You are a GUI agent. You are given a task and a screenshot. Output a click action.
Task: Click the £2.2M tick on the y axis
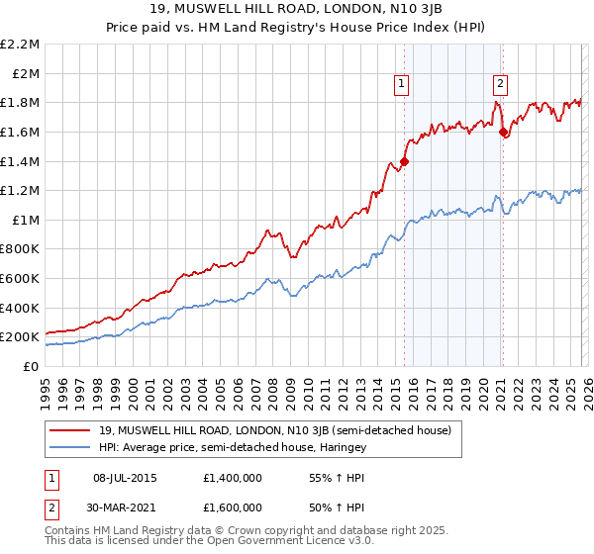point(21,45)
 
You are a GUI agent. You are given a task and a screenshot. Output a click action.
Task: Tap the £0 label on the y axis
point(32,366)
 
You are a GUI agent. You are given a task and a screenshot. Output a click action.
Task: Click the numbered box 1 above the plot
point(402,85)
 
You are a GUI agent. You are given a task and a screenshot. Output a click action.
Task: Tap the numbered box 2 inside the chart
point(501,85)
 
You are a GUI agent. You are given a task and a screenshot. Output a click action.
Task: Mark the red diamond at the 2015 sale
point(405,161)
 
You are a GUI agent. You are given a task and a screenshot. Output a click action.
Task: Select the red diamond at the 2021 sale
point(503,132)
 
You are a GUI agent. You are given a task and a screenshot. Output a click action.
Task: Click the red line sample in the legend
point(70,430)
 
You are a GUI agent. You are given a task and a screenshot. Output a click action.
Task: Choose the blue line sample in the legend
point(70,448)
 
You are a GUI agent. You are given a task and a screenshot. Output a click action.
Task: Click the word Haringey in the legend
point(343,448)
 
